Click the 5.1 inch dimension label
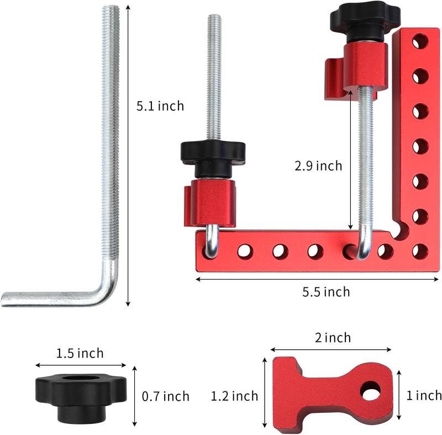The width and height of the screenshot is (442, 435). click(160, 106)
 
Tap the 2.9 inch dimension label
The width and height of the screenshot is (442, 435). click(318, 165)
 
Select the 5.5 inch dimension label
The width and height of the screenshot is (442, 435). click(325, 292)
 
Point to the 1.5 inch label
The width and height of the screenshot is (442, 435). click(80, 353)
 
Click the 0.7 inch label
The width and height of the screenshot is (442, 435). click(166, 396)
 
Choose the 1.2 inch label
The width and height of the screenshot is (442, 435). click(235, 396)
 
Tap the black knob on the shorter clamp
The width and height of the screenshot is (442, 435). click(213, 152)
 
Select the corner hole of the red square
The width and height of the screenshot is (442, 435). click(420, 251)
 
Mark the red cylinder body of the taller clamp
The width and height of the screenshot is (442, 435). click(365, 66)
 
